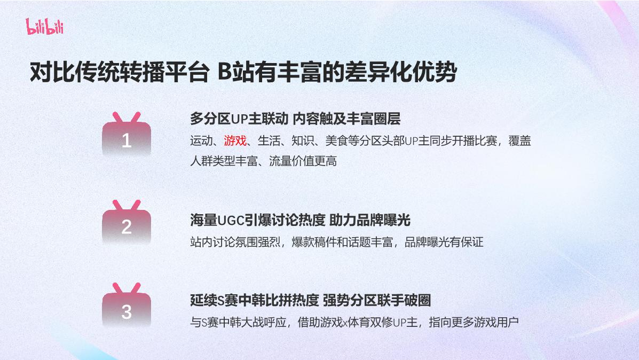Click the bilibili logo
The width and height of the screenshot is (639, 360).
tap(44, 26)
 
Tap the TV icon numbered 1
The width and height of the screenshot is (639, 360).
tap(127, 136)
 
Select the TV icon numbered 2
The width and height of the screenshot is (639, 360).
tap(127, 223)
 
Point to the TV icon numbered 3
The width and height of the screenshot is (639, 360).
tap(127, 307)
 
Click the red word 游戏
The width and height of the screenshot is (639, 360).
tap(235, 141)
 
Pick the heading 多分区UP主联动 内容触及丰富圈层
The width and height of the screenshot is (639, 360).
tap(295, 118)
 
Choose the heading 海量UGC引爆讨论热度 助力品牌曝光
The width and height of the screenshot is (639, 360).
tap(300, 220)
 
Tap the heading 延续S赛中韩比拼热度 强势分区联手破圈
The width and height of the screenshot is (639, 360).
tap(310, 300)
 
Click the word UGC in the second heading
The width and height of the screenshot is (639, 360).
tap(231, 220)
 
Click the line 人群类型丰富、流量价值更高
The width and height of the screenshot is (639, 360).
tap(263, 161)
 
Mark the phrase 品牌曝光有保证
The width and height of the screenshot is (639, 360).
tap(444, 242)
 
